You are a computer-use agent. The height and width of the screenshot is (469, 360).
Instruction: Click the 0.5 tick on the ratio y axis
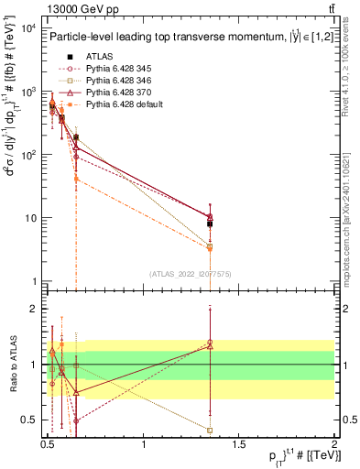pos(29,420)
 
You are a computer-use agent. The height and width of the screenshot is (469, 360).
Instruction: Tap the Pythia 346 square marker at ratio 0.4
pos(211,430)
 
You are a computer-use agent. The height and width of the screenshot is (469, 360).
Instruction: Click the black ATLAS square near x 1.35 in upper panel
pos(210,224)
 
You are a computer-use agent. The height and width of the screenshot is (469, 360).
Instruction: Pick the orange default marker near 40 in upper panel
pos(76,179)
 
